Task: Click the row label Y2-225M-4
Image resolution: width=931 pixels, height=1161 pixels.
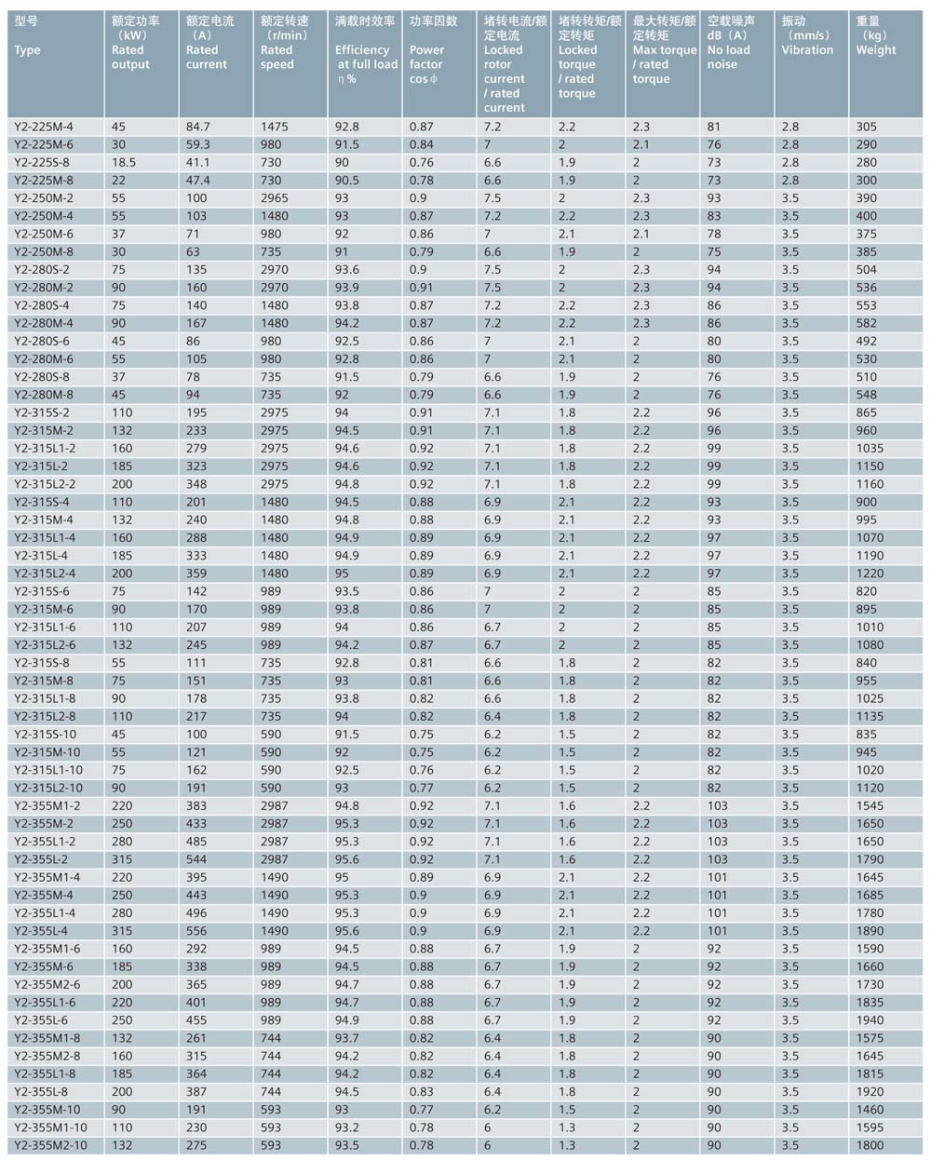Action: click(44, 127)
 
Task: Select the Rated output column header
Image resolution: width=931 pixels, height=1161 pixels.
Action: click(130, 49)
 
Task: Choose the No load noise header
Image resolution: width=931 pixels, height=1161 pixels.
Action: click(730, 49)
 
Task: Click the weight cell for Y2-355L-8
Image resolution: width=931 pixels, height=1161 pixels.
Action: click(870, 1092)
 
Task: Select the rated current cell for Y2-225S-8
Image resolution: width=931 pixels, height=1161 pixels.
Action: click(199, 162)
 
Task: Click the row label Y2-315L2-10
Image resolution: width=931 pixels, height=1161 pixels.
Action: click(48, 788)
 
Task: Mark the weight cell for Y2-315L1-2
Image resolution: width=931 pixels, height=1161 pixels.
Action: click(870, 448)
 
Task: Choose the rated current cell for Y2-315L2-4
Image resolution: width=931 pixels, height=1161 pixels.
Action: click(199, 574)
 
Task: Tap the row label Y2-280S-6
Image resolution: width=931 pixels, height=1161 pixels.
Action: click(43, 341)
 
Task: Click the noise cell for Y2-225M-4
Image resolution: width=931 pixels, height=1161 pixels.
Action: click(714, 127)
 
